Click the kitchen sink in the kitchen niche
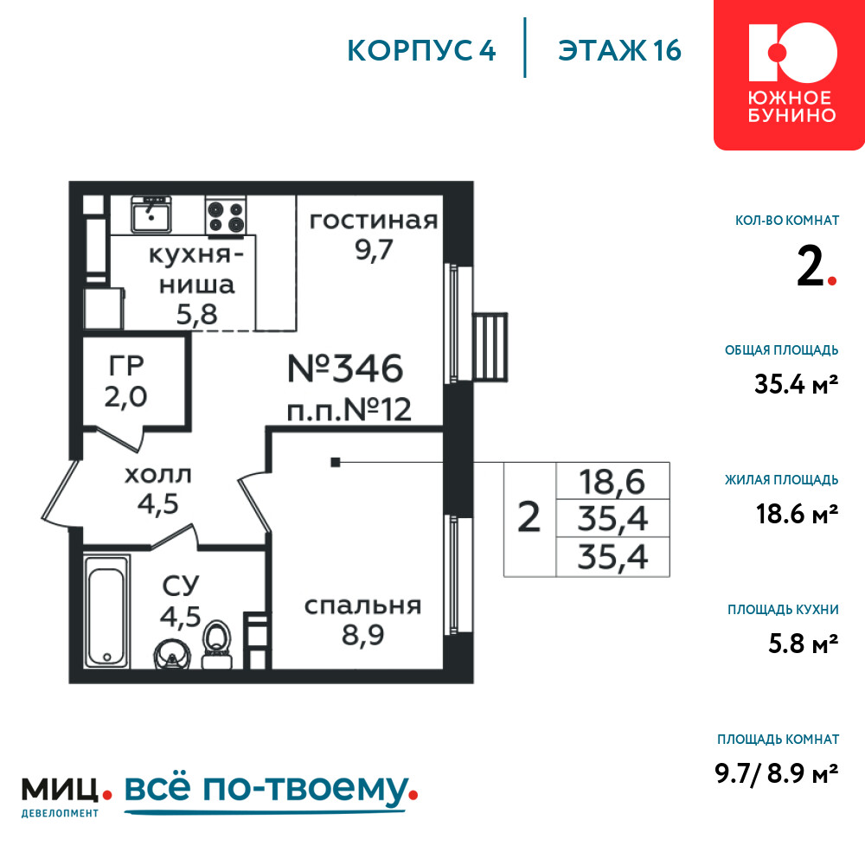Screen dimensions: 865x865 click(x=151, y=215)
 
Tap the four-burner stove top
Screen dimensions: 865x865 click(x=226, y=215)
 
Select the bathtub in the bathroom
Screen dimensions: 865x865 click(x=107, y=611)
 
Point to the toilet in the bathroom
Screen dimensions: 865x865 click(x=217, y=645)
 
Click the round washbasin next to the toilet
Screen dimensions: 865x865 click(x=171, y=654)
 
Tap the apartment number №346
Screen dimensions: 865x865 click(x=345, y=368)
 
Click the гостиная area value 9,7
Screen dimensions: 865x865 click(x=374, y=250)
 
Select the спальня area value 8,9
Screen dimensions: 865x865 click(x=362, y=635)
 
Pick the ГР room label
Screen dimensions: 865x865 click(x=126, y=365)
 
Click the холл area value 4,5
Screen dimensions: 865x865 click(x=157, y=503)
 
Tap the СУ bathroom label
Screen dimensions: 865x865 click(x=181, y=586)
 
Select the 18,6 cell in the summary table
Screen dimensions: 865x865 click(x=612, y=482)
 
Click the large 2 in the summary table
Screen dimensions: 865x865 click(x=529, y=517)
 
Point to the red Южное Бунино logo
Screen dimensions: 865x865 click(x=790, y=74)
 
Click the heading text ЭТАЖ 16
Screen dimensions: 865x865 click(x=619, y=51)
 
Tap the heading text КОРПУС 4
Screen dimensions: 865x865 click(x=421, y=51)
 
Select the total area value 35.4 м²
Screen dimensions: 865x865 click(x=796, y=384)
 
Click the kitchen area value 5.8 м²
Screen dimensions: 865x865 click(x=804, y=644)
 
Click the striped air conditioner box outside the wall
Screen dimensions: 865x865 click(x=490, y=347)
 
